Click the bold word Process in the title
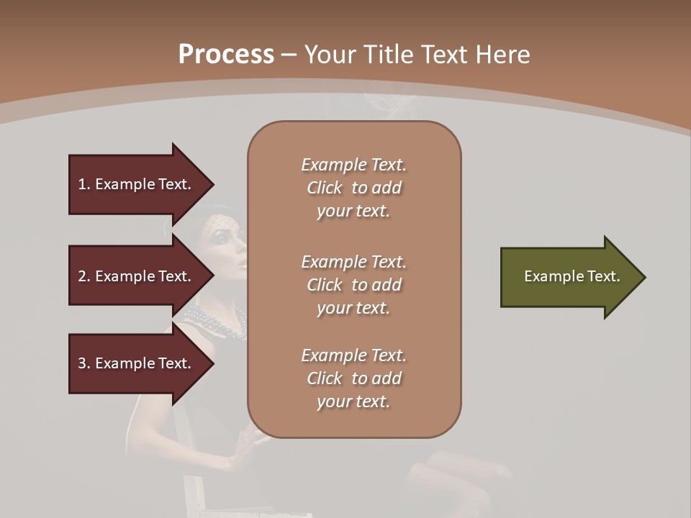coord(226,55)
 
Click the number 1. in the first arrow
coord(84,184)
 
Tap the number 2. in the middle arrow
coord(84,276)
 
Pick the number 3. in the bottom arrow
coord(84,363)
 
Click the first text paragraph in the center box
coord(353,188)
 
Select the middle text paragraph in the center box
coord(353,284)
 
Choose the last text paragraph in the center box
coord(353,378)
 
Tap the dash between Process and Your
coord(289,55)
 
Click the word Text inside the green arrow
coord(603,276)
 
